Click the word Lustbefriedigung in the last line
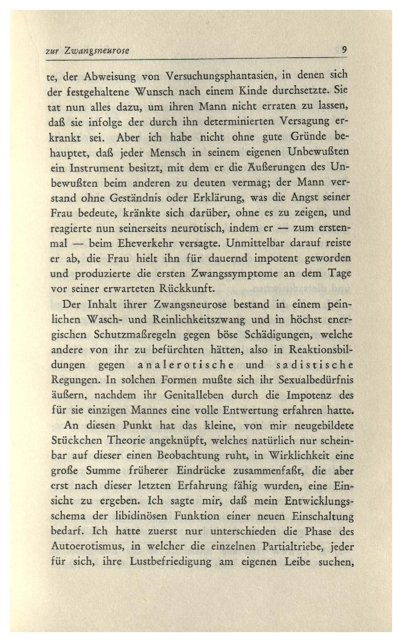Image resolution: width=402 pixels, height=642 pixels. coord(170,562)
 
